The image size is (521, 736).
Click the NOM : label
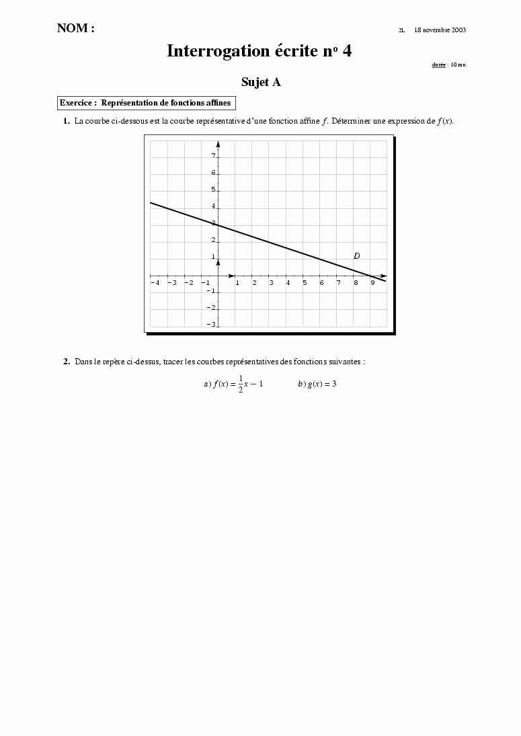[x=75, y=28]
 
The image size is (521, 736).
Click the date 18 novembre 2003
[x=440, y=30]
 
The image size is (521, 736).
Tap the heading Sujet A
[x=261, y=82]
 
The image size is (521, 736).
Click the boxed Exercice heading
[x=146, y=103]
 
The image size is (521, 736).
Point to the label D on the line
[x=357, y=256]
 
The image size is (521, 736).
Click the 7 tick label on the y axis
[x=213, y=156]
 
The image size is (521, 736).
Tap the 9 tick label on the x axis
[x=372, y=283]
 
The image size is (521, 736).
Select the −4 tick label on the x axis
[x=155, y=283]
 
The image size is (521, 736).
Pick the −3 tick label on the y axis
[x=212, y=325]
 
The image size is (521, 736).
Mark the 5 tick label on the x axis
[x=305, y=283]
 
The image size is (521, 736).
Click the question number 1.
[x=67, y=121]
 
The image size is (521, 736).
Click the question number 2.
[x=67, y=362]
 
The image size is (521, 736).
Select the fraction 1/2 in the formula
[x=241, y=384]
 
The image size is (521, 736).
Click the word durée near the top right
[x=438, y=65]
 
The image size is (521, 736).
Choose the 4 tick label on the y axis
[x=213, y=207]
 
